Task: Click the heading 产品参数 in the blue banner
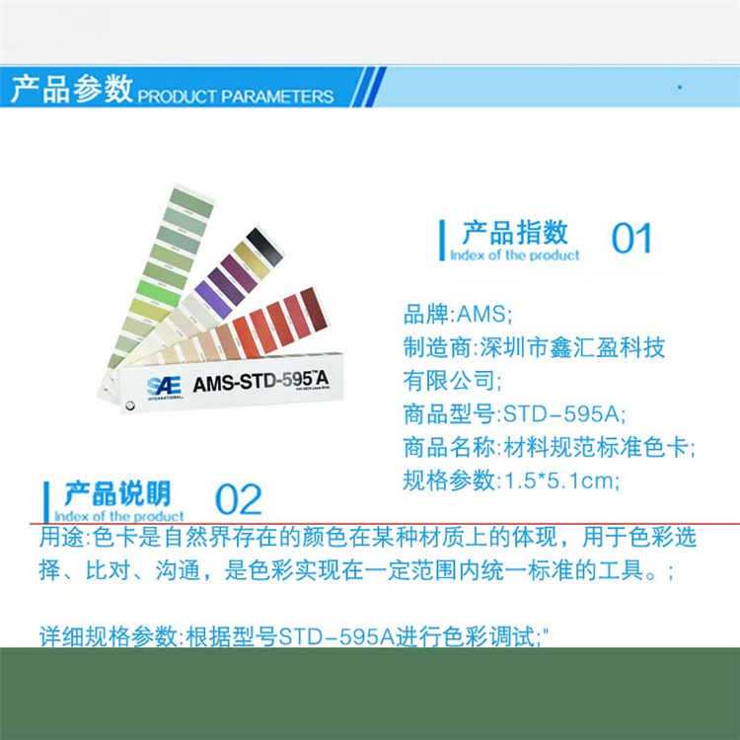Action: pos(72,88)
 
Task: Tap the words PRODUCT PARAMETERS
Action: pos(236,97)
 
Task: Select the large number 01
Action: pos(631,239)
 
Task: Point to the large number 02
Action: pos(238,499)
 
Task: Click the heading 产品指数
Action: pos(515,232)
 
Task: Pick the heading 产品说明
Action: pos(117,493)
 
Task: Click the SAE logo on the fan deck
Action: pos(164,388)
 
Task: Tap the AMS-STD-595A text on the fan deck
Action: pos(260,381)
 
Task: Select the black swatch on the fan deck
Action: pos(264,247)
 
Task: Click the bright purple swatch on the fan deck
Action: pos(213,299)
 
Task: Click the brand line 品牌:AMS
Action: pos(457,314)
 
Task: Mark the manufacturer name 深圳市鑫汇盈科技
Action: pos(572,347)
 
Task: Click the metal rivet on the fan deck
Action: pos(128,405)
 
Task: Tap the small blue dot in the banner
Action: pos(680,87)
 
